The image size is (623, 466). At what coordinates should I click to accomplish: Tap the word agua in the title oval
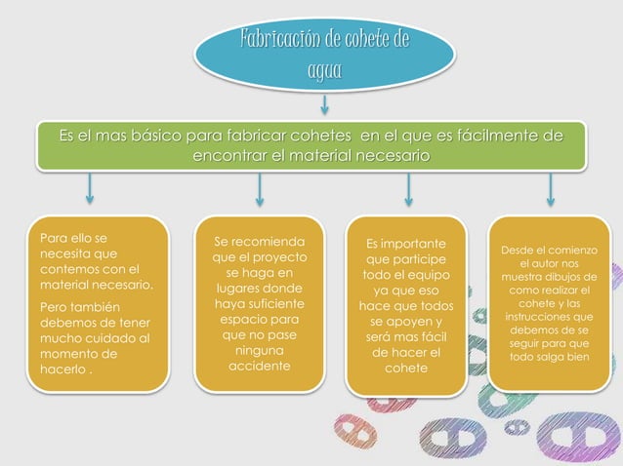tap(324, 69)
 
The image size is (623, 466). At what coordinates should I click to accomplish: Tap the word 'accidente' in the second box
tap(259, 367)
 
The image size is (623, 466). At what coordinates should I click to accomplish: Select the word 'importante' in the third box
tap(414, 243)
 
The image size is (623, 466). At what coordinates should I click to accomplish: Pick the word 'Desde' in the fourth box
tap(521, 251)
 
